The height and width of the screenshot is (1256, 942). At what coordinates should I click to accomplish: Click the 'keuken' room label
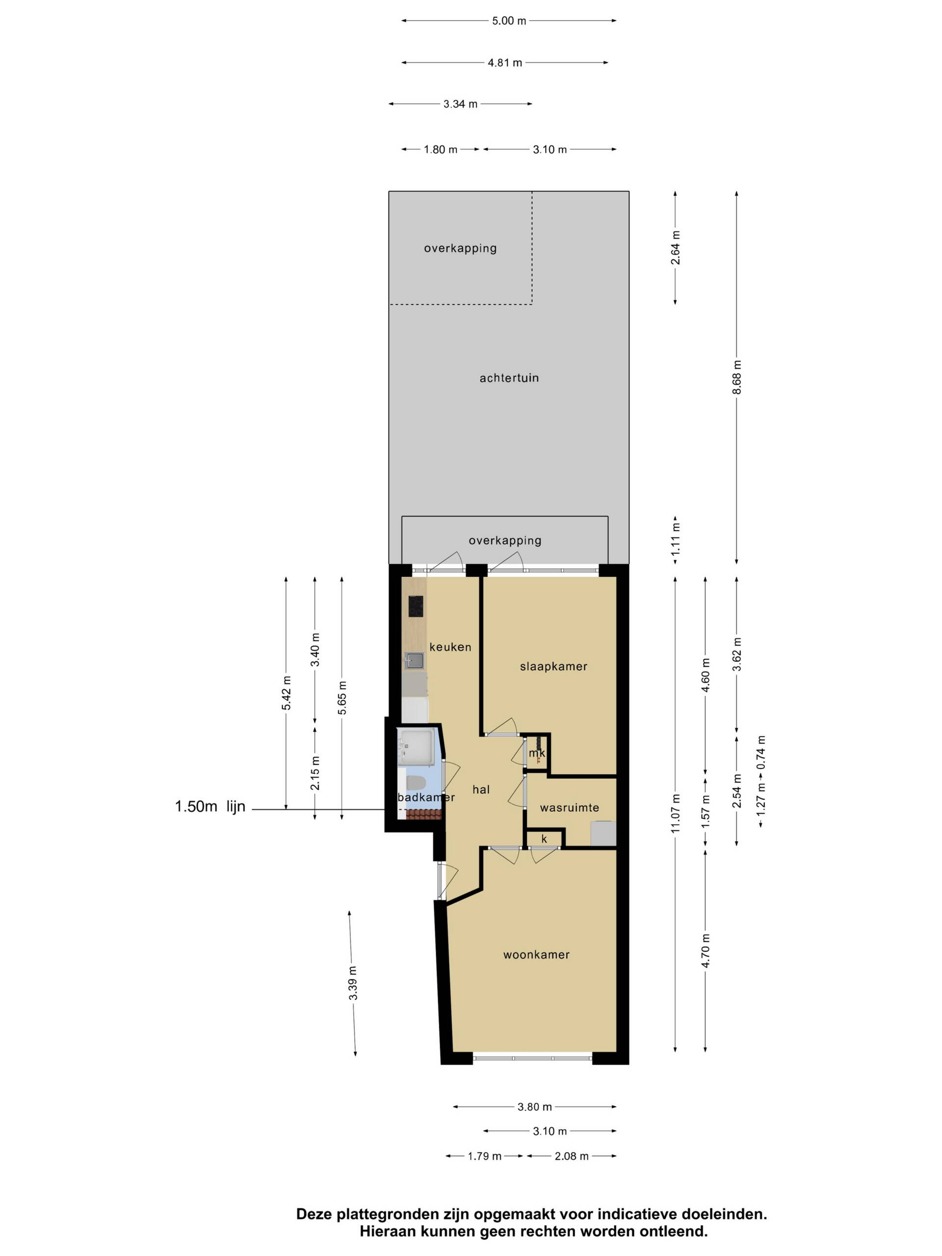(x=450, y=647)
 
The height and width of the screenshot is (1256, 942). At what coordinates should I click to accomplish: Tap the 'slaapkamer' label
(x=553, y=667)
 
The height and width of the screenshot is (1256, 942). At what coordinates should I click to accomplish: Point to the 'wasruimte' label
(x=570, y=808)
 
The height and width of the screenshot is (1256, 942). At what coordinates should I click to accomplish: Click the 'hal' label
(x=481, y=789)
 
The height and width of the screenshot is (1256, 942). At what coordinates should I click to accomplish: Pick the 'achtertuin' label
(x=509, y=378)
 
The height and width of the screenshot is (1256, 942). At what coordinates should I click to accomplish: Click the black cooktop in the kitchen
(x=416, y=606)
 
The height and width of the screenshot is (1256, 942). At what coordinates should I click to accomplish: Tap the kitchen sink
(x=414, y=661)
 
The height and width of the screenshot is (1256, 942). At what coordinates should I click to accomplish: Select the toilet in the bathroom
(x=416, y=783)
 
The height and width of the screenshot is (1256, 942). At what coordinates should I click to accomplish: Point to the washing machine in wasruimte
(x=603, y=834)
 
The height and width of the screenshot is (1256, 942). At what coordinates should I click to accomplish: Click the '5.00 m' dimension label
(x=509, y=21)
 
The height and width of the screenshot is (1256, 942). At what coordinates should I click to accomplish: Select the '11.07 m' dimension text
(x=675, y=813)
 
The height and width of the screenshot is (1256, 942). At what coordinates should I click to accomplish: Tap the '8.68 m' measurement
(x=736, y=377)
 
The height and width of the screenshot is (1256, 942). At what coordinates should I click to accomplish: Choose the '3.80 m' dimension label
(x=534, y=1107)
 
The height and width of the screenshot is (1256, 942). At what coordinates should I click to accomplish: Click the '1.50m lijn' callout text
(x=210, y=806)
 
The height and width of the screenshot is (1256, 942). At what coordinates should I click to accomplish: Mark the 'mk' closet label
(x=537, y=754)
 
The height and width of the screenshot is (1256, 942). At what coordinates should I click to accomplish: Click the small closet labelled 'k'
(x=544, y=838)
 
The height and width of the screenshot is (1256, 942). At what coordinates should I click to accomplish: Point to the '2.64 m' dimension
(x=675, y=248)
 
